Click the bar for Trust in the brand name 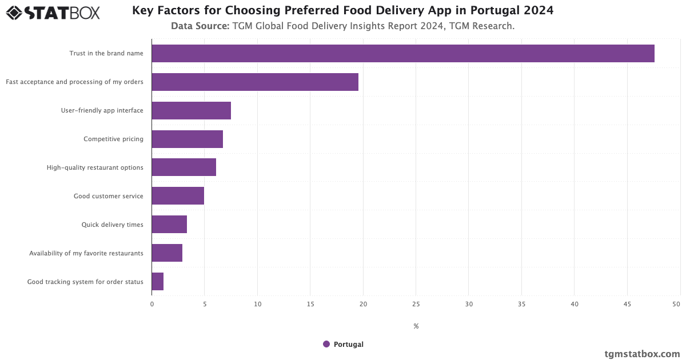403,53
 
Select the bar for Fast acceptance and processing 255,82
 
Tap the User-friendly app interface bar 192,110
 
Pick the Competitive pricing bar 188,139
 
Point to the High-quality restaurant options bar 184,167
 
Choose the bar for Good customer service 178,196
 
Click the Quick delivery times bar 169,225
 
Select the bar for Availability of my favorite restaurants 167,253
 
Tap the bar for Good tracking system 158,282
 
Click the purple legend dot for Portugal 326,344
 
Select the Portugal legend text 349,344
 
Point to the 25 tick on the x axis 416,305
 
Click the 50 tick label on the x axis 676,305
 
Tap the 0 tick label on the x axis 152,305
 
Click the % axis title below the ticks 416,326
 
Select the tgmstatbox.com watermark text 642,354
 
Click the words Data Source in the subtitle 200,26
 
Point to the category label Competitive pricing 113,139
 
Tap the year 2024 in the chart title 539,10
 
